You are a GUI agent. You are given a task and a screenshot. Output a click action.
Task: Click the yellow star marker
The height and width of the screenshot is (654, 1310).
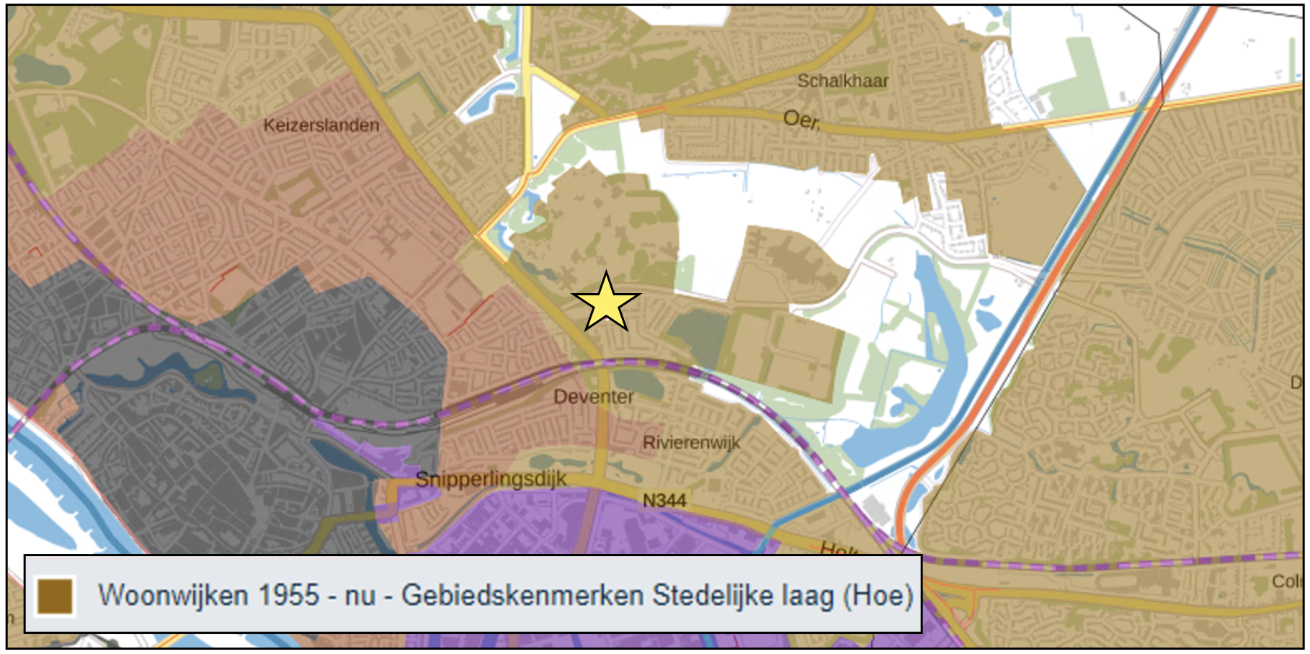[606, 303]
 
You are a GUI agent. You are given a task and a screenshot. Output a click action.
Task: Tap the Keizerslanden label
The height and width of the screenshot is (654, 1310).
[321, 125]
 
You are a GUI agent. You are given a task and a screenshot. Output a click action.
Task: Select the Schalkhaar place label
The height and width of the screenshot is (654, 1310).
[842, 81]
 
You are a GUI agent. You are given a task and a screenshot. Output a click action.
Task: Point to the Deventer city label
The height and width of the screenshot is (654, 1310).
[594, 397]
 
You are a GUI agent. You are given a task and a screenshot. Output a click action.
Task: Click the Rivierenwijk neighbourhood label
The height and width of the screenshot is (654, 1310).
[691, 442]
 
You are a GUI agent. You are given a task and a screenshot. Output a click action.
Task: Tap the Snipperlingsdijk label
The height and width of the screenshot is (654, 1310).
[491, 480]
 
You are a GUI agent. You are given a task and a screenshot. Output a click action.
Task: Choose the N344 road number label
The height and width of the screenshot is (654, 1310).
[664, 500]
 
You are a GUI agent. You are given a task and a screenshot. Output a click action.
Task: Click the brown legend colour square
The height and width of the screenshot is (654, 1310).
[55, 596]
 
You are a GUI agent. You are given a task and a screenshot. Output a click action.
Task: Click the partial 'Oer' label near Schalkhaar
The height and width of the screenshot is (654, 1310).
[801, 119]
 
